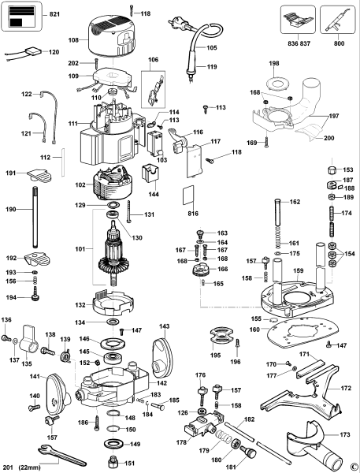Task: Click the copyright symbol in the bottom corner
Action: [354, 465]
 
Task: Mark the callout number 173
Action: [346, 434]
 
